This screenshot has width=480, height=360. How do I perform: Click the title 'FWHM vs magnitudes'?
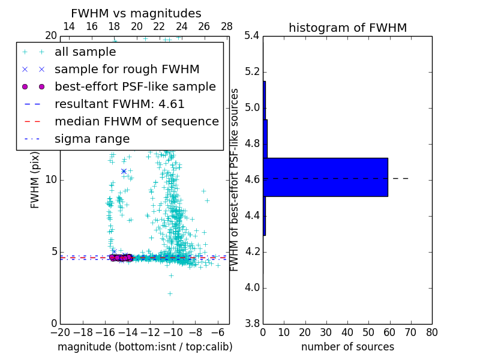tap(136, 13)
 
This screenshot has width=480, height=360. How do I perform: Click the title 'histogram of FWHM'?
tap(347, 28)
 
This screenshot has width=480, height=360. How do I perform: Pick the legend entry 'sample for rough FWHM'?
tap(127, 69)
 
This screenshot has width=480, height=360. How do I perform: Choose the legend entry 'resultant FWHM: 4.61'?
tap(119, 104)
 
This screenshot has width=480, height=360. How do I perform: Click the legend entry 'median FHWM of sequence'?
tap(136, 121)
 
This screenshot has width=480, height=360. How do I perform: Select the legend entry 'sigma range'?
tap(92, 139)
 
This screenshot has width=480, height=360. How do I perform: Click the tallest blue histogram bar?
tap(325, 177)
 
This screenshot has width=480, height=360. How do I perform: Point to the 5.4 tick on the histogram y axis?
tap(253, 36)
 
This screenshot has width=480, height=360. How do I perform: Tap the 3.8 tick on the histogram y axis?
tap(253, 323)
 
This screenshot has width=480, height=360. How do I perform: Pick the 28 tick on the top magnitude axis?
tap(227, 26)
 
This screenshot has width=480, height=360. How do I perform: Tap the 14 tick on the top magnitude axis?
tap(69, 26)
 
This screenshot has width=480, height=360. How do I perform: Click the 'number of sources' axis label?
tap(347, 347)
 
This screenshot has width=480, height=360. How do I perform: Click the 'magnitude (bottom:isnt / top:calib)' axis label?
tap(145, 347)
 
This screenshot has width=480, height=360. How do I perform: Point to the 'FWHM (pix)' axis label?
tap(35, 179)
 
